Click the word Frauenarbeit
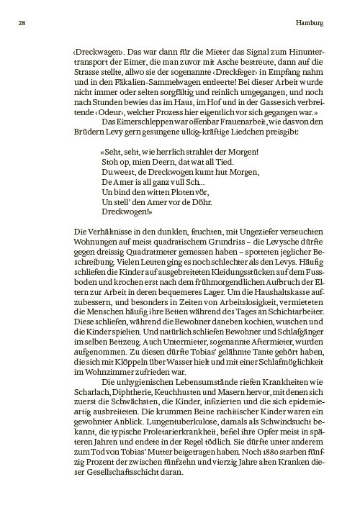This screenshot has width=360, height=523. point(216,124)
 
